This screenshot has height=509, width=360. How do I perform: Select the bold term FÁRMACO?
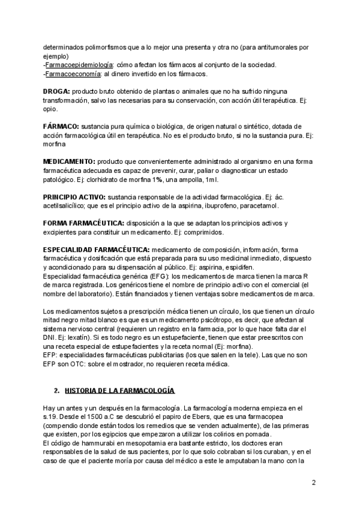click(61, 127)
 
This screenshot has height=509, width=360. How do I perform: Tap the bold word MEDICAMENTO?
click(69, 162)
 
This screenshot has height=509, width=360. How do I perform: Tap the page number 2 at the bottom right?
click(314, 483)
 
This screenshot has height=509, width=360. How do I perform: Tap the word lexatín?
click(74, 337)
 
